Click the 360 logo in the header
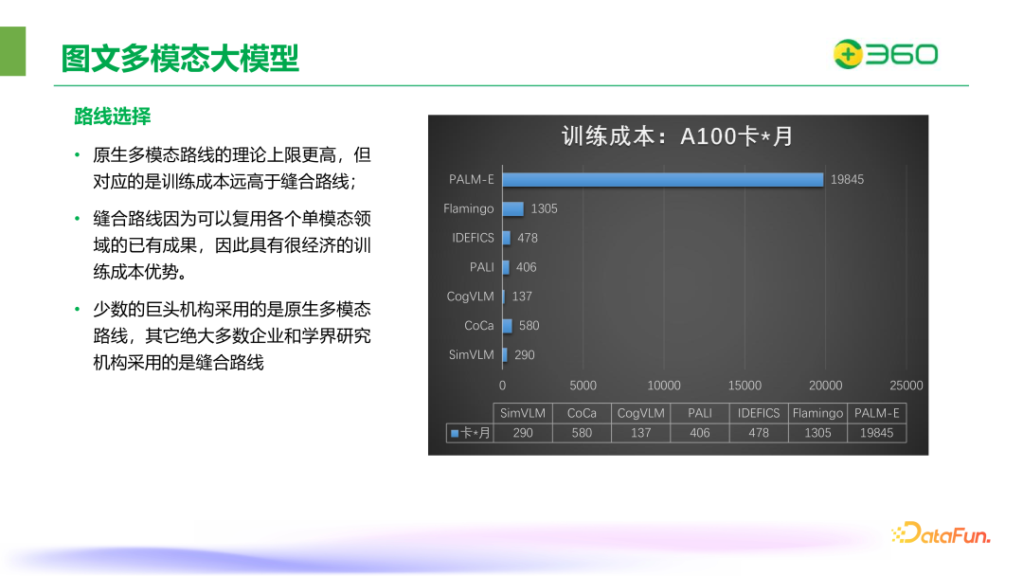pyautogui.click(x=885, y=55)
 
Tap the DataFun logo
pyautogui.click(x=941, y=534)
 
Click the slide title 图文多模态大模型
pyautogui.click(x=180, y=58)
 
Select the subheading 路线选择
pyautogui.click(x=113, y=117)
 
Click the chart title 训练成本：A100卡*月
pyautogui.click(x=677, y=136)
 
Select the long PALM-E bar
pyautogui.click(x=662, y=179)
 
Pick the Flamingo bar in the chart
pyautogui.click(x=512, y=208)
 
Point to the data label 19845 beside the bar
pyautogui.click(x=847, y=179)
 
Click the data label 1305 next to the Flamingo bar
pyautogui.click(x=544, y=208)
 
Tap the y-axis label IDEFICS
pyautogui.click(x=473, y=238)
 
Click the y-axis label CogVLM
pyautogui.click(x=471, y=297)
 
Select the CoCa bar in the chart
pyautogui.click(x=507, y=326)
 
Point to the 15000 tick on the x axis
pyautogui.click(x=745, y=386)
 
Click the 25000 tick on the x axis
pyautogui.click(x=906, y=386)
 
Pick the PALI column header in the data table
pyautogui.click(x=700, y=413)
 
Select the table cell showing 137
pyautogui.click(x=640, y=433)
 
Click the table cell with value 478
pyautogui.click(x=759, y=433)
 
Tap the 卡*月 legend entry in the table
pyautogui.click(x=471, y=433)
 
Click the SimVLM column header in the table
pyautogui.click(x=523, y=413)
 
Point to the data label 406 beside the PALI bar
pyautogui.click(x=526, y=267)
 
